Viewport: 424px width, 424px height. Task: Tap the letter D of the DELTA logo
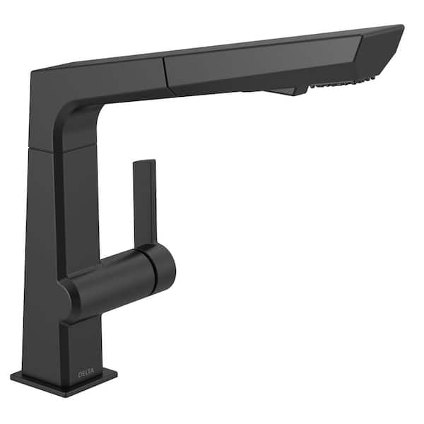(80, 375)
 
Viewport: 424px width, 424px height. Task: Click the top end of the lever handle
(144, 162)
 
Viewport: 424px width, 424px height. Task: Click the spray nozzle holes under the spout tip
(343, 83)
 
